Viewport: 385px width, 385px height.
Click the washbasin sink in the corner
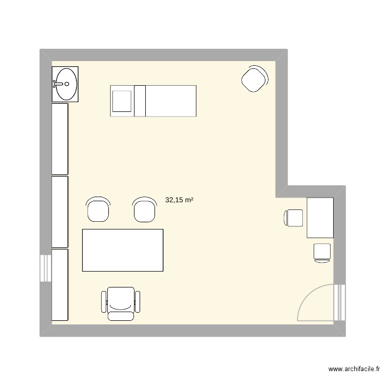point(66,84)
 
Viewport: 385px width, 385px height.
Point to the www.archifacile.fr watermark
point(355,369)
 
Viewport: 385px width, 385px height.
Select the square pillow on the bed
point(123,101)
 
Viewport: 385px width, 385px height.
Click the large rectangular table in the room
point(123,250)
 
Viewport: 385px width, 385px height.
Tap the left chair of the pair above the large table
point(98,209)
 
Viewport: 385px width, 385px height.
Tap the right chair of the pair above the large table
point(144,209)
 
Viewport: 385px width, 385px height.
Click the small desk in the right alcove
point(320,218)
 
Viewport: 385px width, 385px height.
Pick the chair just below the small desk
point(322,253)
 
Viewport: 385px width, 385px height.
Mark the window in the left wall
point(46,267)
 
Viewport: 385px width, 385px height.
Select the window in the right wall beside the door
point(339,302)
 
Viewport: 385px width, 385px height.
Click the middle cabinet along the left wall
point(60,211)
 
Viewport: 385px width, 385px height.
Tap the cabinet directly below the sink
point(60,139)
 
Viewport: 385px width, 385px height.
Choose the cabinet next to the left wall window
point(60,285)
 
